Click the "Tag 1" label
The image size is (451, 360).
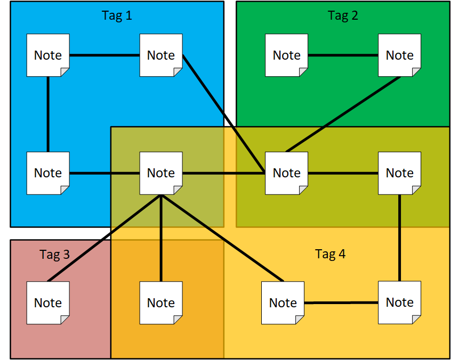[x=117, y=15]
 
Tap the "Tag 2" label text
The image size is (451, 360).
[x=343, y=15]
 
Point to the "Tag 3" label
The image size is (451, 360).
[x=54, y=255]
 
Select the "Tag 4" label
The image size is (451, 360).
[x=330, y=254]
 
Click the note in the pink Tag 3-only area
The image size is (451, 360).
[x=48, y=303]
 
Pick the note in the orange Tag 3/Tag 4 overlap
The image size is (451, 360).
[x=161, y=303]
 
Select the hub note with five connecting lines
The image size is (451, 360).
[x=161, y=173]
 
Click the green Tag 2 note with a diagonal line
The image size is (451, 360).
[x=399, y=55]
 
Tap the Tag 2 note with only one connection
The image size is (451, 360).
[x=286, y=55]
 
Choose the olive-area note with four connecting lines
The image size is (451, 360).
[x=286, y=173]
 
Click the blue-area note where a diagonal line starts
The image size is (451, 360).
[x=161, y=55]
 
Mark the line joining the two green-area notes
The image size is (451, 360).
[x=343, y=55]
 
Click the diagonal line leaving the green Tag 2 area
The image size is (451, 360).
[x=343, y=114]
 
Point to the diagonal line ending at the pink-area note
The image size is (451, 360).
[x=104, y=238]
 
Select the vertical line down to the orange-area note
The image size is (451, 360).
[x=161, y=238]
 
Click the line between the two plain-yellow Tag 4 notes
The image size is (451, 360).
[x=341, y=303]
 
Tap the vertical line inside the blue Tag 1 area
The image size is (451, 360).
[x=48, y=114]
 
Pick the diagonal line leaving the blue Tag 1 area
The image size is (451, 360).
[x=223, y=114]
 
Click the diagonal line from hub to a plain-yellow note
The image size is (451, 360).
[x=222, y=238]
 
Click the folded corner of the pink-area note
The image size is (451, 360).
[x=65, y=320]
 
